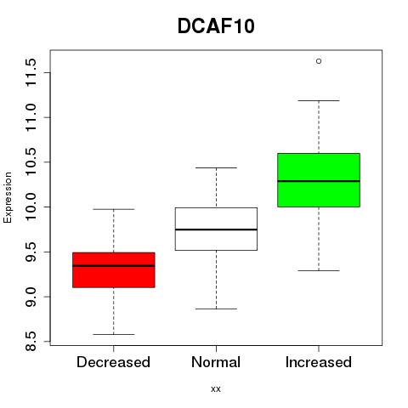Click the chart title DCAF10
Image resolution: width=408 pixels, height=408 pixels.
pyautogui.click(x=216, y=26)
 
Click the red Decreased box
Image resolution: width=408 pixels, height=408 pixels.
pyautogui.click(x=114, y=270)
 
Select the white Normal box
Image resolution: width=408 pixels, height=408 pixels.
pyautogui.click(x=216, y=229)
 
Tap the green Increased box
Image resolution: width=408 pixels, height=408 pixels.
pyautogui.click(x=319, y=180)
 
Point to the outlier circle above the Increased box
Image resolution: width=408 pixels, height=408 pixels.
pyautogui.click(x=319, y=61)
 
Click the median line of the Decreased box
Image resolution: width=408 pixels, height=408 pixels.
pyautogui.click(x=114, y=266)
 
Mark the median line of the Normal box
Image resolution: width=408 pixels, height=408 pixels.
pyautogui.click(x=216, y=229)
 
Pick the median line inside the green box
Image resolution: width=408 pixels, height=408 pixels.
pyautogui.click(x=319, y=181)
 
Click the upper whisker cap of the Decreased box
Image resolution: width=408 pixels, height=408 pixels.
pyautogui.click(x=114, y=209)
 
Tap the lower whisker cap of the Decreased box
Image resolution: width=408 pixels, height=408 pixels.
pyautogui.click(x=114, y=334)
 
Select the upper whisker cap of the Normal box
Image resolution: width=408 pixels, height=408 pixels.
pyautogui.click(x=216, y=167)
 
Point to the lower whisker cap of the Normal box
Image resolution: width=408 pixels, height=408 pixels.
pyautogui.click(x=216, y=309)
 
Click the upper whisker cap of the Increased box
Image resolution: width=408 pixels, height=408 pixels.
pyautogui.click(x=319, y=100)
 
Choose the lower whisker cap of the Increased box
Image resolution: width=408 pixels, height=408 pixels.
pyautogui.click(x=319, y=270)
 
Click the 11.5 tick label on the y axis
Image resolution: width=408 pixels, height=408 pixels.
pyautogui.click(x=31, y=72)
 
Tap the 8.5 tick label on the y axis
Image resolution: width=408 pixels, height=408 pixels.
pyautogui.click(x=31, y=342)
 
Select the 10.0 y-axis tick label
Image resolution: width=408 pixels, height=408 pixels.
pyautogui.click(x=31, y=207)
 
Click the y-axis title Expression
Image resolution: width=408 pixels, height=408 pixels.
pyautogui.click(x=8, y=198)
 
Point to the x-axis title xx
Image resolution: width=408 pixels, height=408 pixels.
pyautogui.click(x=216, y=389)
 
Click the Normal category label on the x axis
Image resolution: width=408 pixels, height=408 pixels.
pyautogui.click(x=216, y=362)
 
